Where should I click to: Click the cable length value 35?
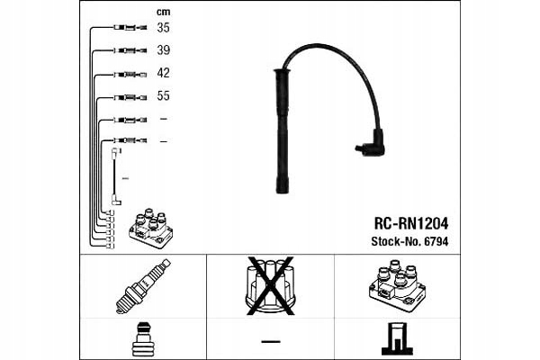[163, 29]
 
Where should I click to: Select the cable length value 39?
[163, 50]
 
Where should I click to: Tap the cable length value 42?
[163, 73]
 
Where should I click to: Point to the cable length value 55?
[163, 95]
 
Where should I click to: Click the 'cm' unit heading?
[163, 11]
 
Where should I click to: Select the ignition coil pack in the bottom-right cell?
[396, 287]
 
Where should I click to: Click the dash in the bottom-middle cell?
[270, 340]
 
